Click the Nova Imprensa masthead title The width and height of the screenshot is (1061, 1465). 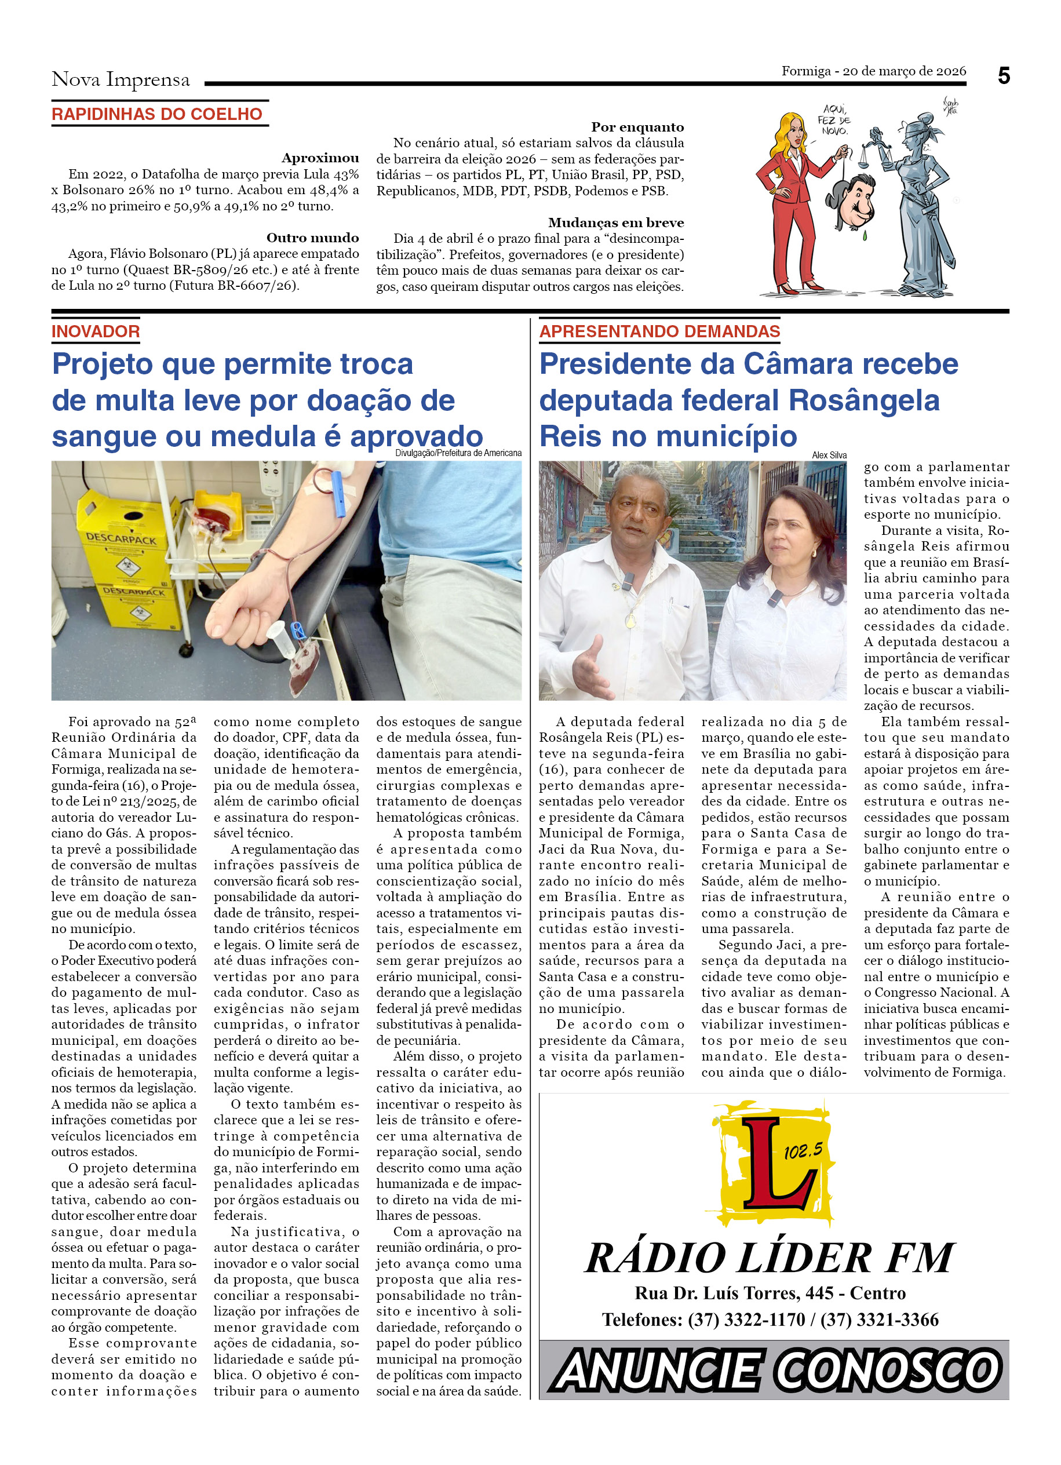(121, 79)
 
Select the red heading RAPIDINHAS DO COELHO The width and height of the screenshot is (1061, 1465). (157, 114)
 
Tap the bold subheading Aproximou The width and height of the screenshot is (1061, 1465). (320, 158)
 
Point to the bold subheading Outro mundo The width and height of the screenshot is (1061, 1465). (312, 238)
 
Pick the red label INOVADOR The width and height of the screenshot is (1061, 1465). (96, 331)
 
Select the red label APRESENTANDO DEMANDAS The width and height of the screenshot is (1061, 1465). (659, 331)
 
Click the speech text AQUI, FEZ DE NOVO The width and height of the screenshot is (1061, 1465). (834, 120)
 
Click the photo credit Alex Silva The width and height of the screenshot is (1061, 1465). (829, 455)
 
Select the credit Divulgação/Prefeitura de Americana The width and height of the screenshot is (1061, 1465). (458, 453)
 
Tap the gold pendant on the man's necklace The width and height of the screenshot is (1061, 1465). (630, 622)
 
